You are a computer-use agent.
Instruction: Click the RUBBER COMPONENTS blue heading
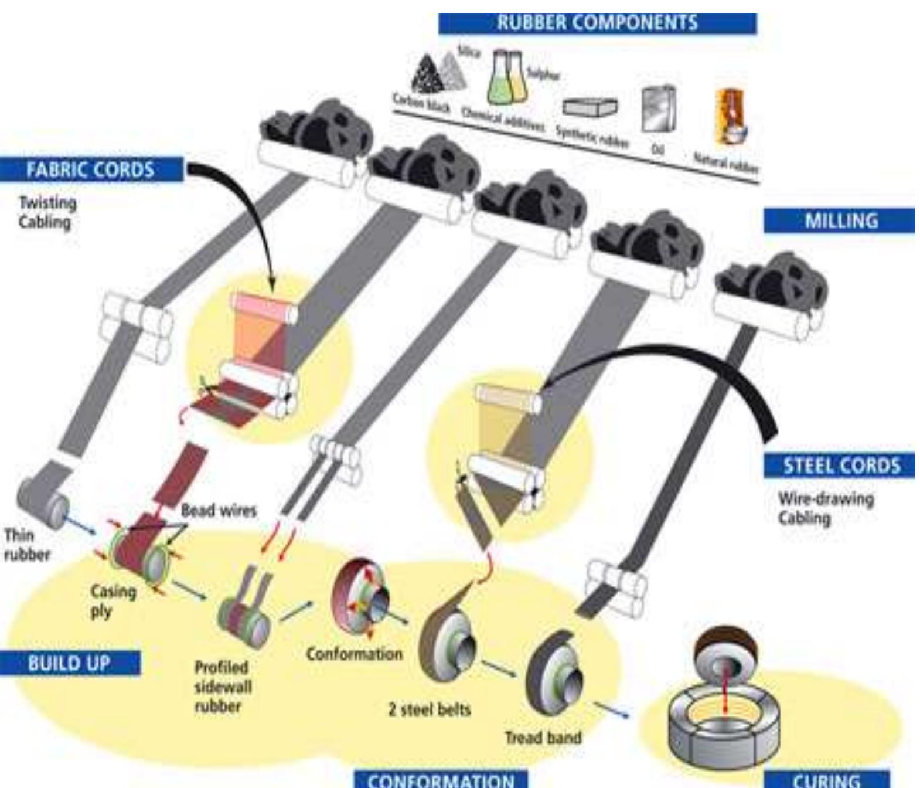click(597, 23)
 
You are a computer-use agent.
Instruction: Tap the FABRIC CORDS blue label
click(90, 170)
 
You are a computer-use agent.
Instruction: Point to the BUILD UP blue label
click(69, 663)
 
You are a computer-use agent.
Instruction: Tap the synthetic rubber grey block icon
click(590, 107)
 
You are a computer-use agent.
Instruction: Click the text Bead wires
click(219, 510)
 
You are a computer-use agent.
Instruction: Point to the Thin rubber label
click(26, 545)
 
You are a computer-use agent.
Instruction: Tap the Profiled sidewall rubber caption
click(222, 687)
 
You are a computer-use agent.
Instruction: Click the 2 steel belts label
click(429, 709)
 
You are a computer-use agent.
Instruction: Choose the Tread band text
click(543, 737)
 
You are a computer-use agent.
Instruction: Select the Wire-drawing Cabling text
click(825, 508)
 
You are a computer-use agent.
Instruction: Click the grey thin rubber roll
click(43, 500)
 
